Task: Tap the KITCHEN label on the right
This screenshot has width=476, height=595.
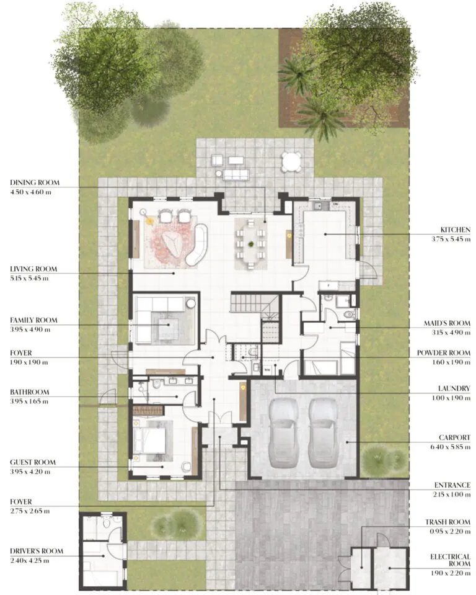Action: pyautogui.click(x=456, y=230)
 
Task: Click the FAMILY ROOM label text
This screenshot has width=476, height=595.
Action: pyautogui.click(x=33, y=320)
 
